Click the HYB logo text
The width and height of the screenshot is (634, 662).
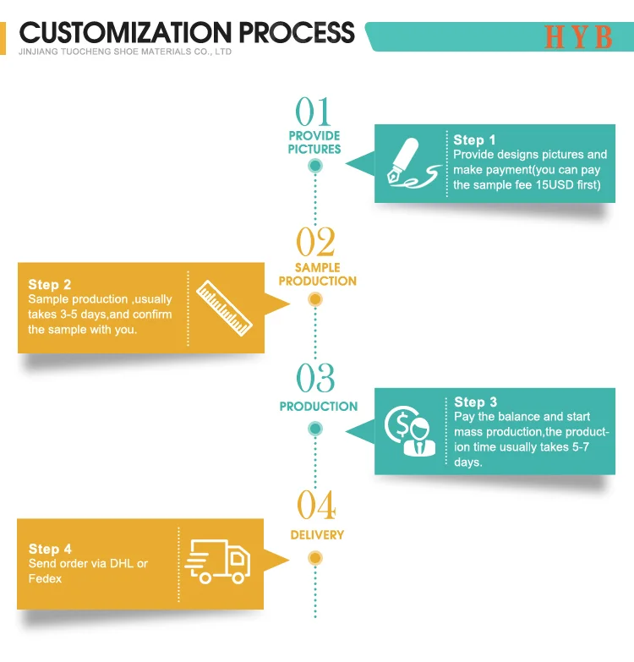tap(578, 37)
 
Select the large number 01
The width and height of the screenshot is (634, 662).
tap(314, 112)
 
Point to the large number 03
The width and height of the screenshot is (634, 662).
tap(315, 379)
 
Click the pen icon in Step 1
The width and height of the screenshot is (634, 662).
tap(409, 164)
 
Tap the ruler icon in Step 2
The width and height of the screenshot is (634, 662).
tap(223, 304)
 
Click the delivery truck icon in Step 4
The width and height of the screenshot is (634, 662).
tap(218, 561)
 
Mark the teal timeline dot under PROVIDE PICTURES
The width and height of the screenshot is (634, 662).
tap(315, 166)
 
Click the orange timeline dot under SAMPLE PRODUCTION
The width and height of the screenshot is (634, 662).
tap(315, 299)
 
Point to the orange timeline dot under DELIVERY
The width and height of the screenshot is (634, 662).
tap(315, 558)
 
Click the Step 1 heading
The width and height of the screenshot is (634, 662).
tap(475, 140)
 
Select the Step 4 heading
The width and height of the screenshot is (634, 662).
tap(50, 550)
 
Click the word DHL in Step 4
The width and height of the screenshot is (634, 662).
tap(120, 564)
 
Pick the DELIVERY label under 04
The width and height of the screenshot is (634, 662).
tap(317, 535)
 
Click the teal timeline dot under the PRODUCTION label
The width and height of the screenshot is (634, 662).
tap(315, 429)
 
